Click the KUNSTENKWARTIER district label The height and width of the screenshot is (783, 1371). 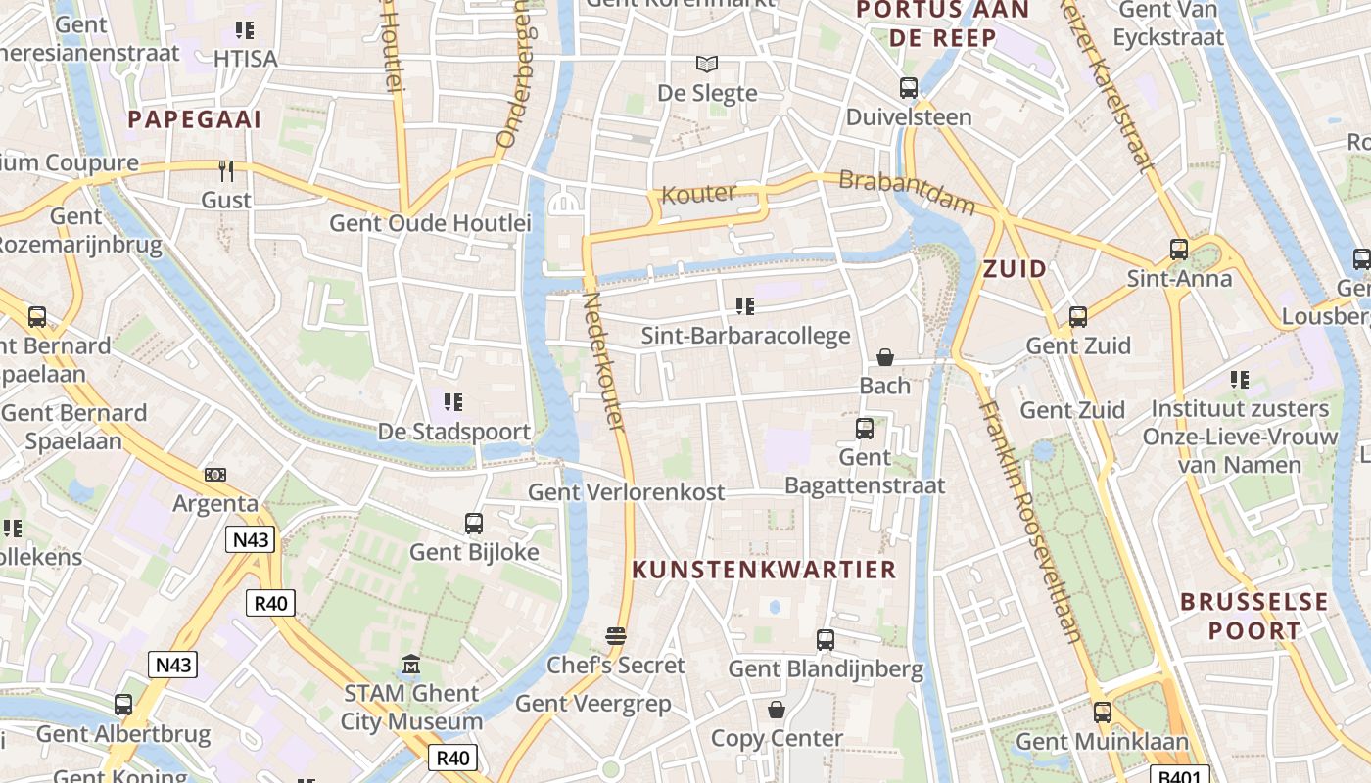[764, 570]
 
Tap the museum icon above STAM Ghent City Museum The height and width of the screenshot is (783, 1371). [411, 666]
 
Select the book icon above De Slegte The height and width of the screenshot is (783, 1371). [707, 65]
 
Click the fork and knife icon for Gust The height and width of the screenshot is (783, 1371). [226, 171]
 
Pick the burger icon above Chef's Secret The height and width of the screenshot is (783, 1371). [616, 636]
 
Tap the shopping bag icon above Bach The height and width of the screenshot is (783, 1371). [885, 357]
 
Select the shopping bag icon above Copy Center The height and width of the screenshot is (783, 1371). [777, 710]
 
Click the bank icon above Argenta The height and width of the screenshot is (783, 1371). [215, 475]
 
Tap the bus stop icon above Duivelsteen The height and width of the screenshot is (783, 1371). [909, 88]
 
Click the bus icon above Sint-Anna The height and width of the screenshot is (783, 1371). [1179, 250]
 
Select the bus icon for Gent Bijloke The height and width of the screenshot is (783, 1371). [474, 524]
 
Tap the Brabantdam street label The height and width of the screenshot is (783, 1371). [908, 193]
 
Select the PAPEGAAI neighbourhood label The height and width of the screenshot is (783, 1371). [195, 119]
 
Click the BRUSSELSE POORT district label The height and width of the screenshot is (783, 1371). [1253, 616]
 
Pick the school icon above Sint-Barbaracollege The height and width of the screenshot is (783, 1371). [745, 307]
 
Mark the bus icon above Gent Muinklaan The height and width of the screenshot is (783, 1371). [1103, 713]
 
